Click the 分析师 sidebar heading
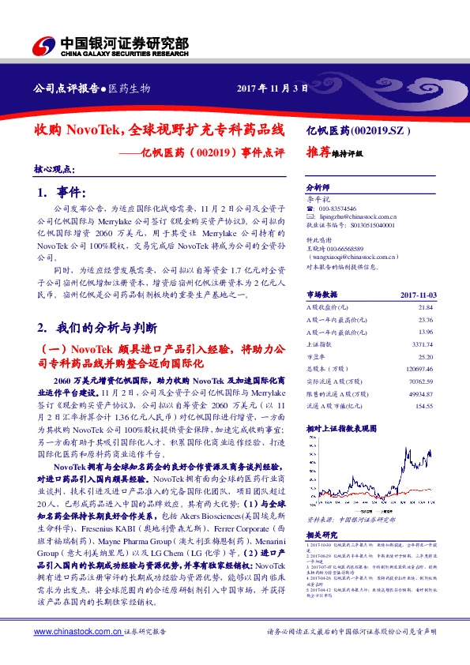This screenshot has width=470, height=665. click(x=316, y=188)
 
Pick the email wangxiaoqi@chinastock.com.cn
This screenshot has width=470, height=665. click(x=352, y=257)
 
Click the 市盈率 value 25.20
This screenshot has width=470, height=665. click(x=425, y=356)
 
